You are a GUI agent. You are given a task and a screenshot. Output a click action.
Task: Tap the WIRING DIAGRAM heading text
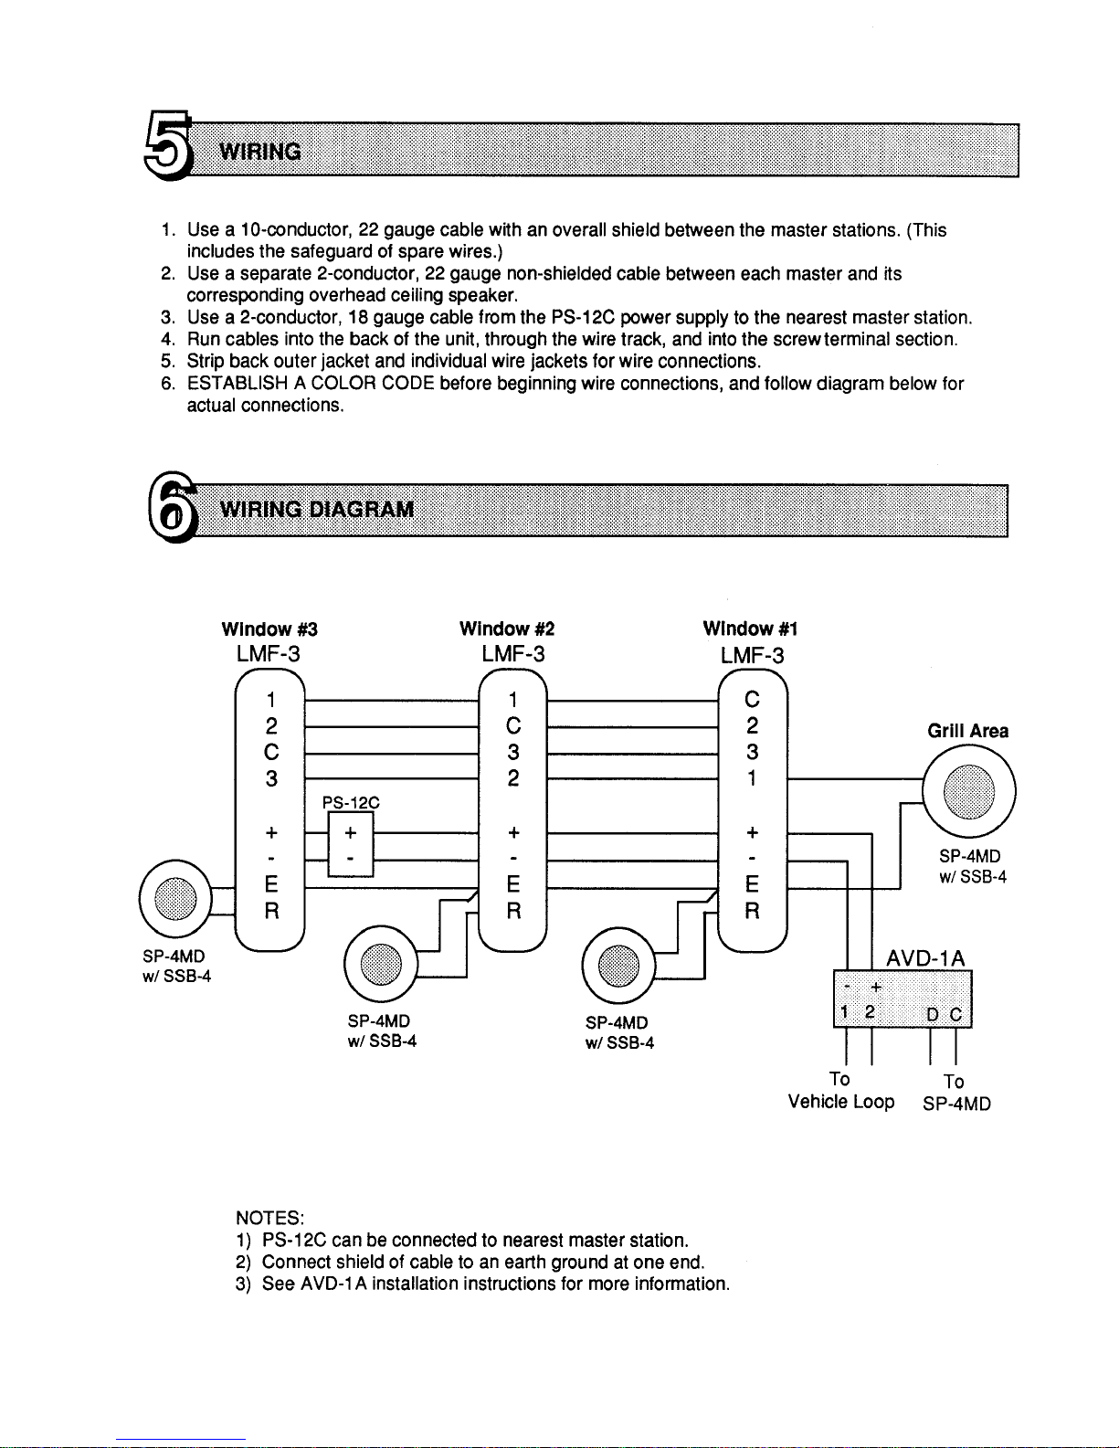click(x=317, y=509)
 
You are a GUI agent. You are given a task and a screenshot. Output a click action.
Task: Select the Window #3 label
click(x=269, y=629)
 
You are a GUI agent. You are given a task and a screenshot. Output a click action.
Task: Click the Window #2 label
click(x=507, y=629)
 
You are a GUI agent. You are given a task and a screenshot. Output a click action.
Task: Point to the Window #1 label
click(x=750, y=629)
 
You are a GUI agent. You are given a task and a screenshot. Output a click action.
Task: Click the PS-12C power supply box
click(x=350, y=847)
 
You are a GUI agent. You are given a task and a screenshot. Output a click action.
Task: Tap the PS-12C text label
click(x=350, y=803)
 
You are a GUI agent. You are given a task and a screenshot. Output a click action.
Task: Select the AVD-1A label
click(x=925, y=957)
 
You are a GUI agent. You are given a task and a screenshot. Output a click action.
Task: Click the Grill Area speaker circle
click(x=968, y=791)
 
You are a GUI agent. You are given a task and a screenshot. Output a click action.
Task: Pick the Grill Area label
click(x=967, y=731)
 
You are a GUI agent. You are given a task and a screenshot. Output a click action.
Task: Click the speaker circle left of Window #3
click(x=175, y=900)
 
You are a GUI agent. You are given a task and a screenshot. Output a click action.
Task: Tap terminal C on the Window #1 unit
click(x=752, y=701)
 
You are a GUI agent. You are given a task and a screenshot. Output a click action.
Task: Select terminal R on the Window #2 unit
click(x=513, y=912)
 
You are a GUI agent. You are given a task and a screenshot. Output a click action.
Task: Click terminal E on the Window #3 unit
click(x=271, y=885)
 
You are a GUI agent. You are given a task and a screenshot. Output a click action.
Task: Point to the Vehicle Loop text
click(x=841, y=1102)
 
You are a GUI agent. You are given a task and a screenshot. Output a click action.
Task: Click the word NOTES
click(x=269, y=1218)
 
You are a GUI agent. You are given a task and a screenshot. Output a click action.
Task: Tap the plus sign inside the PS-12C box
click(x=351, y=833)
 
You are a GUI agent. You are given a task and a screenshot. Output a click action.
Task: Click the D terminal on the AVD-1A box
click(x=933, y=1014)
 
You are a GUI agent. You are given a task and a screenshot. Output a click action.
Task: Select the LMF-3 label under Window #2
click(x=512, y=654)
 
